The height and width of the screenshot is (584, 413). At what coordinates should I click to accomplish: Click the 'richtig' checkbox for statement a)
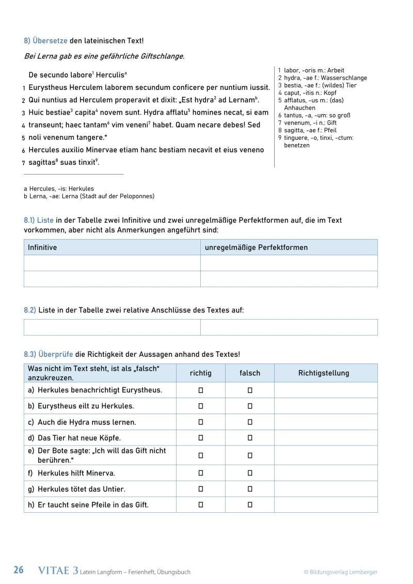click(x=201, y=390)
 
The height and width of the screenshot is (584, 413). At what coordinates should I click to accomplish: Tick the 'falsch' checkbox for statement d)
click(x=250, y=438)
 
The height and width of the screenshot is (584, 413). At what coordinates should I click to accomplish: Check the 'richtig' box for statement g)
click(x=201, y=488)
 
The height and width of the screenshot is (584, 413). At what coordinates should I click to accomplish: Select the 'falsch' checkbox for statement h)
click(x=250, y=504)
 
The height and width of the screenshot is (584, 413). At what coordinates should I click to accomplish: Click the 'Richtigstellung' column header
click(x=324, y=373)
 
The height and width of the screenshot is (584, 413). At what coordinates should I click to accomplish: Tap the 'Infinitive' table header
click(x=42, y=247)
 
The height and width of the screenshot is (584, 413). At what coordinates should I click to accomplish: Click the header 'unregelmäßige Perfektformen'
click(x=256, y=247)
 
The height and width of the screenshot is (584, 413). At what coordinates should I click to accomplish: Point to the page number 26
click(x=19, y=571)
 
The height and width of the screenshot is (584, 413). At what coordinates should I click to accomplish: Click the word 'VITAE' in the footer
click(x=54, y=571)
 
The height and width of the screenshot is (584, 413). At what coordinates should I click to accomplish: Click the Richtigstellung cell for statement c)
click(x=325, y=422)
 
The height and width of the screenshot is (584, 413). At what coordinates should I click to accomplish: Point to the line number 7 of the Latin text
click(x=24, y=163)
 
